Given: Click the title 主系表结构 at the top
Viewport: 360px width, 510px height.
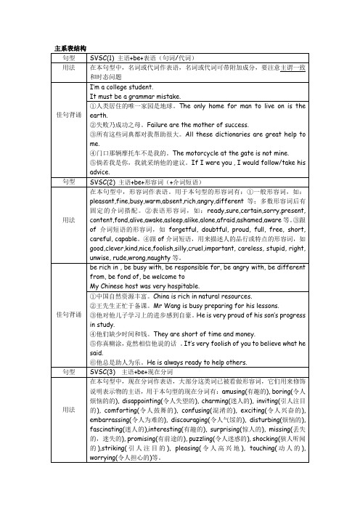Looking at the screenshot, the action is [71, 47].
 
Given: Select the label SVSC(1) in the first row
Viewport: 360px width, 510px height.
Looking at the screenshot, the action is [102, 56].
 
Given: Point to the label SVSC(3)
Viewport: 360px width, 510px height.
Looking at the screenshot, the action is [102, 371].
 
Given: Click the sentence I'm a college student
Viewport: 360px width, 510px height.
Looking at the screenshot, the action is [119, 86].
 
